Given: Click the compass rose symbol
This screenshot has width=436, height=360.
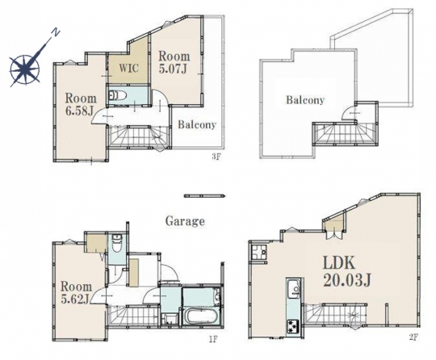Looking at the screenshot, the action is (x=24, y=69).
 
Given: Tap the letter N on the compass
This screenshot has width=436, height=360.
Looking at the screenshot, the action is (x=57, y=33).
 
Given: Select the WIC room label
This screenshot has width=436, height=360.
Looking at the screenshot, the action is (x=128, y=68).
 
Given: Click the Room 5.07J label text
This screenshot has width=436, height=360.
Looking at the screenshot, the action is (x=174, y=62).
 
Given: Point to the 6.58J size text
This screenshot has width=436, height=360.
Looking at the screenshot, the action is (x=79, y=111).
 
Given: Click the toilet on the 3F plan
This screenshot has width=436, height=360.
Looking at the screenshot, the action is (x=118, y=96).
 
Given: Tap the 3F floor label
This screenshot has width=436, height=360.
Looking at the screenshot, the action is (x=216, y=157).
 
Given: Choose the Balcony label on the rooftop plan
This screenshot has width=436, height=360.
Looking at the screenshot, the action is (x=305, y=100).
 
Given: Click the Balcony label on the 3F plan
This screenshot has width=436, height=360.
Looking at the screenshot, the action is (x=197, y=124).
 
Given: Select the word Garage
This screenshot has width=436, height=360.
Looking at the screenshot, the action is (x=185, y=221).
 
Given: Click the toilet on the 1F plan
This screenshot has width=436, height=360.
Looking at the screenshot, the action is (x=115, y=244).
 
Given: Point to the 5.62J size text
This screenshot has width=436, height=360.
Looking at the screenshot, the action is (x=75, y=299).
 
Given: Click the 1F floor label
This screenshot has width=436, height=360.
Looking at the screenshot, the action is (x=212, y=340).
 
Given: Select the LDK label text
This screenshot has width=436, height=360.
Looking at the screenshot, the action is (x=339, y=263).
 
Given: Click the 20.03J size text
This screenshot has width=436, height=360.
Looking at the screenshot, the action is (x=346, y=282).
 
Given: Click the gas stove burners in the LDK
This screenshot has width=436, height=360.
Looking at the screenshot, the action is (x=293, y=324).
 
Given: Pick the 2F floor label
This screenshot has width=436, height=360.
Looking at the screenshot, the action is (x=413, y=337).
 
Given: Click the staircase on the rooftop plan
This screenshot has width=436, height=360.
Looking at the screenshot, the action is (x=344, y=133).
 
